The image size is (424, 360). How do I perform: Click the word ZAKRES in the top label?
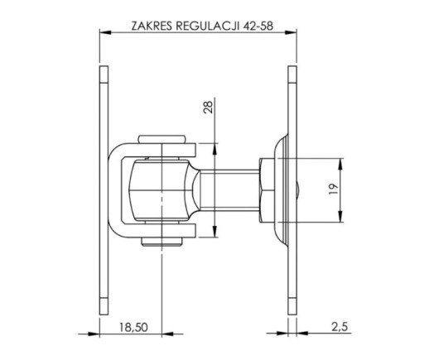(152, 26)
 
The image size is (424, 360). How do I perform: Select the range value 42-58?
(258, 26)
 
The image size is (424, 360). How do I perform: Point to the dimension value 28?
(208, 106)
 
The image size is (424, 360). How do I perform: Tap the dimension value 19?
(334, 190)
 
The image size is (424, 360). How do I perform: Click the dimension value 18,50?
(133, 327)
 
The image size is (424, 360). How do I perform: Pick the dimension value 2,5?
(340, 327)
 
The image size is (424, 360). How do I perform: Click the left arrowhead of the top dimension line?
(105, 32)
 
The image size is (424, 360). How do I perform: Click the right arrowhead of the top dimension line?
(291, 32)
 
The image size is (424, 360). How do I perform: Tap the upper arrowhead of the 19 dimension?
(340, 165)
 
